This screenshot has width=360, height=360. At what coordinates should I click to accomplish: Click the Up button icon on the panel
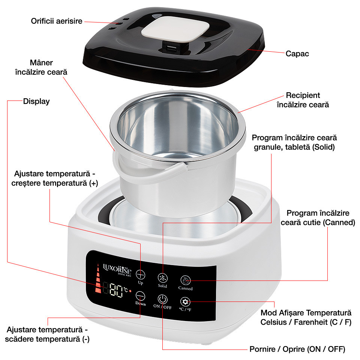click(141, 274)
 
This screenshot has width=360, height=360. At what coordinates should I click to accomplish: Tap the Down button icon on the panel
click(140, 296)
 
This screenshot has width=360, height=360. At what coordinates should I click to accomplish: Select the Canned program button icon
click(186, 280)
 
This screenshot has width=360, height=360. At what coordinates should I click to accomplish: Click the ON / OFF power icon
click(162, 299)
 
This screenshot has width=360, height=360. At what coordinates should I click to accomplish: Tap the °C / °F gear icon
click(185, 301)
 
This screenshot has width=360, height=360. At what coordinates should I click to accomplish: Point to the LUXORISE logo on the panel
click(117, 269)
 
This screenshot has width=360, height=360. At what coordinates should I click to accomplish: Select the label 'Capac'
click(297, 54)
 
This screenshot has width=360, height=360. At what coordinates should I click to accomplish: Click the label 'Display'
click(36, 101)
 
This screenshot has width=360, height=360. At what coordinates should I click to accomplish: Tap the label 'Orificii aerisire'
click(57, 21)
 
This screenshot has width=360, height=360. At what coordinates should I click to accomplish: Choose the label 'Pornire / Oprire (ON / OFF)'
click(297, 349)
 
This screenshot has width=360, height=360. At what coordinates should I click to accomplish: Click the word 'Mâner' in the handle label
click(41, 63)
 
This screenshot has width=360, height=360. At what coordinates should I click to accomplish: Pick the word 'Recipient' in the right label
click(303, 95)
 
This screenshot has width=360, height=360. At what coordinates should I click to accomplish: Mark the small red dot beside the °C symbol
click(130, 291)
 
